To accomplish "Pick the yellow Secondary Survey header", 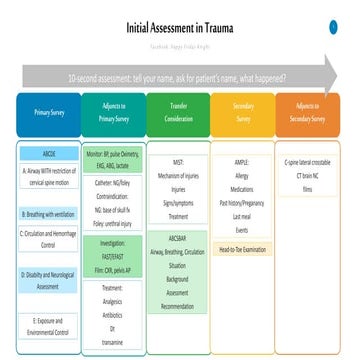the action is pyautogui.click(x=243, y=114).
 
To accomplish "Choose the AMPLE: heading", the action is pyautogui.click(x=243, y=160).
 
